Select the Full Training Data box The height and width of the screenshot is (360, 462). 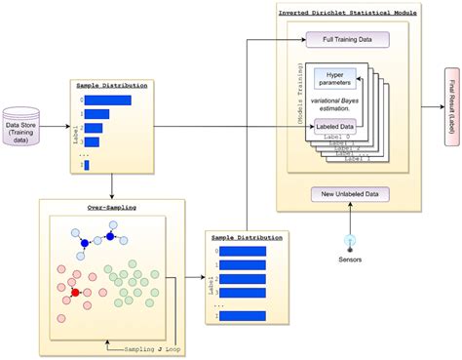point(347,39)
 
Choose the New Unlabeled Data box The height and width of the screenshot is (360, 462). point(348,194)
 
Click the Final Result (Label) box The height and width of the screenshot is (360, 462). point(451,106)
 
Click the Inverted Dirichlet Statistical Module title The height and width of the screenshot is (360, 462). point(348,13)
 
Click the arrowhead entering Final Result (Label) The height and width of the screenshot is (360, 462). point(438,106)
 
